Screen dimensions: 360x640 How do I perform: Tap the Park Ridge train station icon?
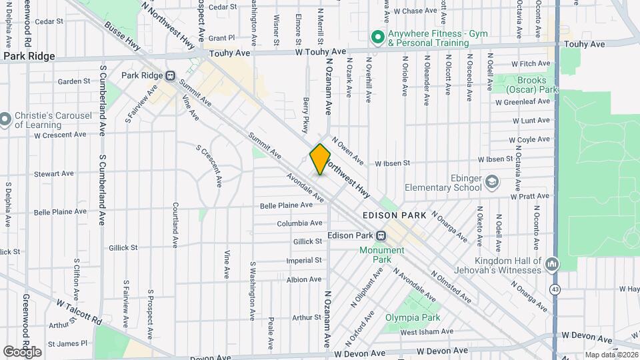171,75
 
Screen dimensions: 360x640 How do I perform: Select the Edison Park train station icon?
381,235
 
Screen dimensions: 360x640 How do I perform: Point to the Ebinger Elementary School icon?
492,182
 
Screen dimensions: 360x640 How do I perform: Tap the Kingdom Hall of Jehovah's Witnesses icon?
551,265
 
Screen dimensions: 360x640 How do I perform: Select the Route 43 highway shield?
555,290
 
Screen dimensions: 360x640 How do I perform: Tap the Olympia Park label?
413,318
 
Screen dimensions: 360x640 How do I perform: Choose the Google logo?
22,351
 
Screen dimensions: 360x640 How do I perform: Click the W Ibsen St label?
392,163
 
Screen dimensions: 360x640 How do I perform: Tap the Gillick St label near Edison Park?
307,241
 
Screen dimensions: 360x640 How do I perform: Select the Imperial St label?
304,261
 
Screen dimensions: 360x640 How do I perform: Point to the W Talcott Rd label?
79,311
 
